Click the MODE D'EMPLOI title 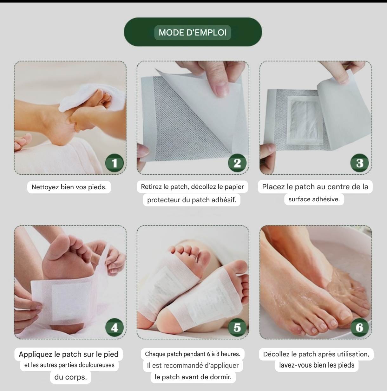(193, 32)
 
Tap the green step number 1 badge (115, 163)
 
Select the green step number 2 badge (237, 163)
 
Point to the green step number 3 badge (360, 163)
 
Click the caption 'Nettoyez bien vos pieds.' (69, 187)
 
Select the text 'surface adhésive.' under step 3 (314, 199)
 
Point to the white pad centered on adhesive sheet (305, 120)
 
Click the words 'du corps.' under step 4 (70, 377)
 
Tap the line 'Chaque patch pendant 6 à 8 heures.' (193, 354)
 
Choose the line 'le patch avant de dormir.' (193, 377)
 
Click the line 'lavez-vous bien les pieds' (317, 365)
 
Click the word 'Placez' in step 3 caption (273, 187)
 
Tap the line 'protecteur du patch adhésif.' (192, 200)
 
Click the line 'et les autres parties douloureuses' (69, 365)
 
